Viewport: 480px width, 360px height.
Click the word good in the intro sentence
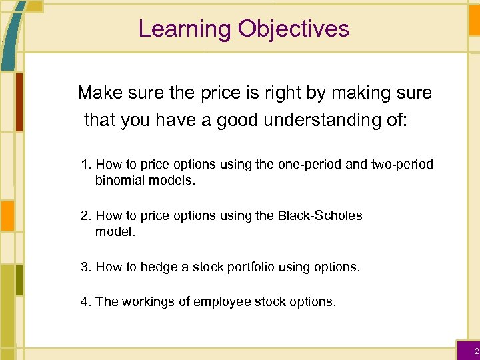point(238,121)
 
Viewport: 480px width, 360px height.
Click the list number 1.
point(85,165)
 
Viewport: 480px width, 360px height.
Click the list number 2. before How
point(85,216)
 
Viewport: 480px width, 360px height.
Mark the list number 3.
point(85,267)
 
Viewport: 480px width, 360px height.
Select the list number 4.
point(85,302)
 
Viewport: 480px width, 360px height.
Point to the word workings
point(141,302)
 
